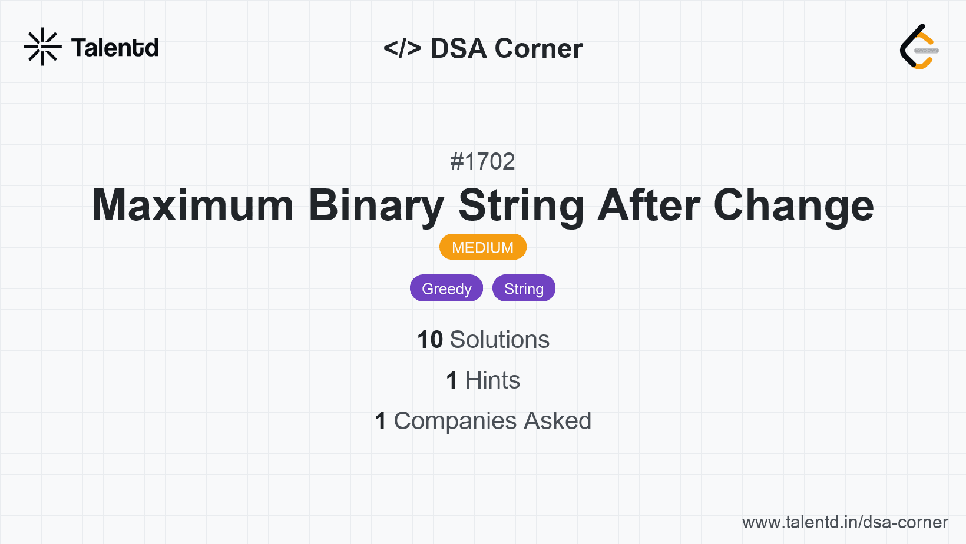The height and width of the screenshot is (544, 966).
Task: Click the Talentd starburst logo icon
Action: pos(42,47)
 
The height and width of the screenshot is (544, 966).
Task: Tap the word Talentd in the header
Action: pos(115,48)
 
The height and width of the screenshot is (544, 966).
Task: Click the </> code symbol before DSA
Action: pos(402,48)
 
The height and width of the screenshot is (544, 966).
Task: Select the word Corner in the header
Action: pos(538,48)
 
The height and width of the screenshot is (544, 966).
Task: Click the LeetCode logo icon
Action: pos(919,47)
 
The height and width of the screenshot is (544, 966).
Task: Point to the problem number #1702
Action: pos(482,161)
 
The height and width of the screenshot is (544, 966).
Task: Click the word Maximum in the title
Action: pos(193,205)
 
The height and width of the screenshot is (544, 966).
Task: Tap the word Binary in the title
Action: pos(376,205)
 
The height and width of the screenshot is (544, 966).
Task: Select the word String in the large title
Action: pos(521,205)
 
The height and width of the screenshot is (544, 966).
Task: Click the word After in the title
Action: pos(649,205)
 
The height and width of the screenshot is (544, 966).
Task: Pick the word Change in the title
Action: pos(793,205)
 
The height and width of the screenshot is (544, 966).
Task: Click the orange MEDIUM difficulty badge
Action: pos(482,247)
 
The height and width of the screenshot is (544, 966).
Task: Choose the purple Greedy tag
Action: pos(446,288)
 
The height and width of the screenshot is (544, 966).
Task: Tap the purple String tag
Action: pos(524,288)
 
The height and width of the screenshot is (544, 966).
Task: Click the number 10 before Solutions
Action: pos(430,340)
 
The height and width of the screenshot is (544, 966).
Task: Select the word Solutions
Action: pos(499,340)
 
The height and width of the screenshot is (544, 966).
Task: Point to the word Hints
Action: pos(492,380)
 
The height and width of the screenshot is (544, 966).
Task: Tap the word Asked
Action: pos(557,421)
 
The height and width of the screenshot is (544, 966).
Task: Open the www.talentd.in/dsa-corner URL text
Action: pos(845,522)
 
